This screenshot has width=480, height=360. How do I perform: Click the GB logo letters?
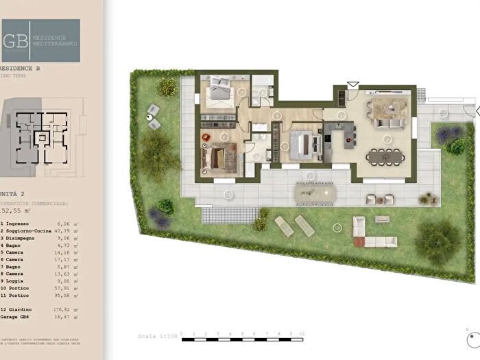tap(12, 39)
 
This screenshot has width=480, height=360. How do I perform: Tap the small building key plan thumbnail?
tap(41, 136)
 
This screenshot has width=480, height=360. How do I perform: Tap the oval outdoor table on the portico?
tap(316, 194)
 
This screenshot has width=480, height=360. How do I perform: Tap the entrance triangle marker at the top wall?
tap(352, 84)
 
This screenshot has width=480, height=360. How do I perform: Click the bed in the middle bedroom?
tap(302, 145)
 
